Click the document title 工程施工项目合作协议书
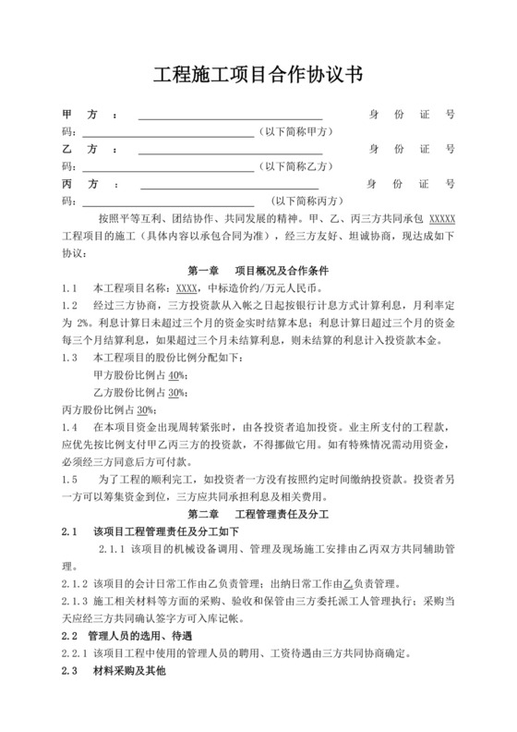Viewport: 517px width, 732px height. [258, 76]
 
